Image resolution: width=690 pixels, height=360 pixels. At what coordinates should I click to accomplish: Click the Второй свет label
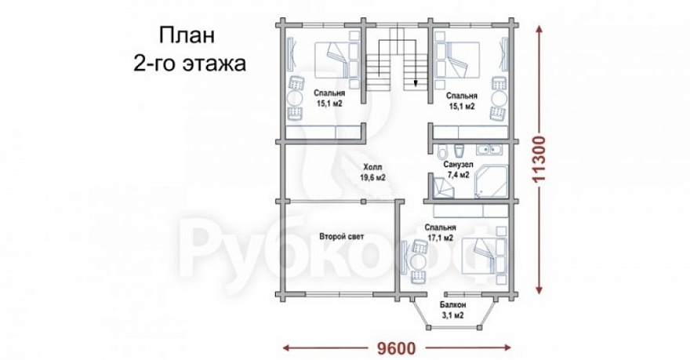(339, 235)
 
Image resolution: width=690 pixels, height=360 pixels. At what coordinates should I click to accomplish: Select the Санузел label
(457, 165)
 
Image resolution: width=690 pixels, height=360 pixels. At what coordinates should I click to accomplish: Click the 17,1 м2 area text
(440, 238)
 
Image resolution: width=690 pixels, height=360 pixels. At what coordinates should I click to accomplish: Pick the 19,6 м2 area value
(372, 178)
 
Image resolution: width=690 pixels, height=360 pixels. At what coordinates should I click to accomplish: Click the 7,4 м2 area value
(458, 175)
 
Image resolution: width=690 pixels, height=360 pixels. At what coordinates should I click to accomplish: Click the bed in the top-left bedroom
(334, 58)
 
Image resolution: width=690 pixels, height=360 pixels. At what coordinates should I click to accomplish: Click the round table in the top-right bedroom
(497, 98)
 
